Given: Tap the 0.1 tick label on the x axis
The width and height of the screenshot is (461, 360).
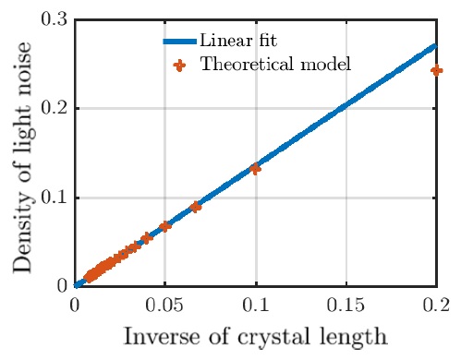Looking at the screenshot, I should (256, 303).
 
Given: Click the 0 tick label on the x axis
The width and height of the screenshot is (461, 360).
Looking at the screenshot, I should (76, 303).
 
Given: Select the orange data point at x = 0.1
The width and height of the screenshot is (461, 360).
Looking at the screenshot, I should (256, 169).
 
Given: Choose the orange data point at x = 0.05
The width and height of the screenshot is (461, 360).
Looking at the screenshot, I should (166, 226).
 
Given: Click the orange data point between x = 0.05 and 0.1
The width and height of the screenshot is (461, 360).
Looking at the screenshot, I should (196, 207).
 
